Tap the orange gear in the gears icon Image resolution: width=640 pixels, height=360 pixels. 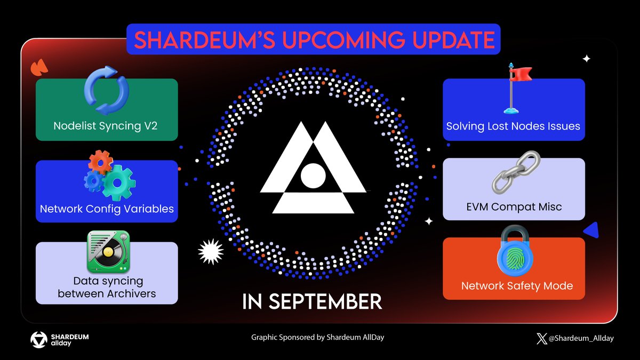tap(100, 162)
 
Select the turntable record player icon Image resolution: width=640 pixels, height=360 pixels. tap(108, 252)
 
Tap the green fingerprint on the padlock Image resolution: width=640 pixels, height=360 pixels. tap(515, 258)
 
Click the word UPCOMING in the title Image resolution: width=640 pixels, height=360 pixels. tap(343, 39)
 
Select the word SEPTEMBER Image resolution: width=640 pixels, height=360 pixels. tap(325, 301)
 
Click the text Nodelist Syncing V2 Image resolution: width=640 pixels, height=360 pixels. tap(106, 126)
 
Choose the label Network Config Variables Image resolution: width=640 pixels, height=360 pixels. tap(107, 209)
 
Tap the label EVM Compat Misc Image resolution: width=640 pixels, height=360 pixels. tap(514, 207)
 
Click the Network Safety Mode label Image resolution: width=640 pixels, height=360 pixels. tap(517, 286)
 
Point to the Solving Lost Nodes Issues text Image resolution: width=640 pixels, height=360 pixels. tap(513, 126)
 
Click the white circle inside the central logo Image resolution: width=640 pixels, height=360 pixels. tap(313, 175)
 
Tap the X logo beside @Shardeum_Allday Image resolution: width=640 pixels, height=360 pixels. tap(542, 339)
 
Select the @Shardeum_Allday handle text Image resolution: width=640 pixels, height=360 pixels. tap(581, 339)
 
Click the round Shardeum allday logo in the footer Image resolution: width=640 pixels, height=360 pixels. tap(39, 340)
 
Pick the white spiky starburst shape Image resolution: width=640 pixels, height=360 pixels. tap(211, 251)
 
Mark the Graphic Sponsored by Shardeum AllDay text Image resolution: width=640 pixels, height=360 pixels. tap(318, 338)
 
